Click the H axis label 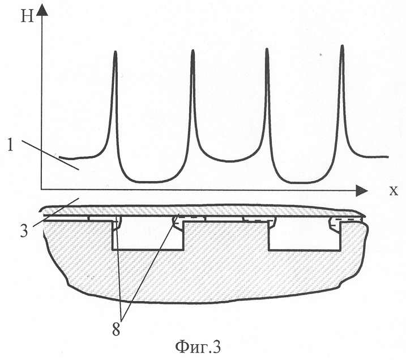click(x=27, y=18)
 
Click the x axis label click(x=394, y=191)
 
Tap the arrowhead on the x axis click(x=362, y=191)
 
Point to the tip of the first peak click(x=115, y=52)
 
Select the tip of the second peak click(x=193, y=50)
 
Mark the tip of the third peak click(x=267, y=49)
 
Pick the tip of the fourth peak click(x=343, y=45)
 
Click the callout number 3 click(x=24, y=231)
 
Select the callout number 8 click(x=116, y=329)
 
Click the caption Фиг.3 click(x=198, y=347)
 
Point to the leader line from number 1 click(x=50, y=155)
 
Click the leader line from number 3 click(x=55, y=212)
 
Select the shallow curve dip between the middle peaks click(x=229, y=161)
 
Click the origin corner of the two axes click(x=41, y=190)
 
